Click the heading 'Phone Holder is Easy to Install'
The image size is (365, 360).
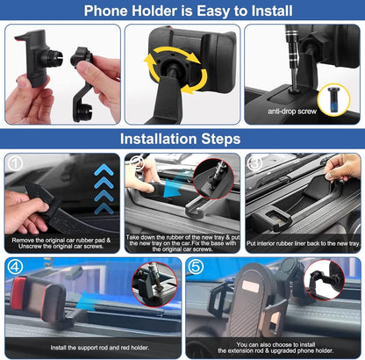click(182, 11)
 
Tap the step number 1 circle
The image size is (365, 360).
click(14, 162)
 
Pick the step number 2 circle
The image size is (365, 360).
click(135, 162)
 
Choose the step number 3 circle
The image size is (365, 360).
click(255, 162)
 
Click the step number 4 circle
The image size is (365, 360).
click(14, 267)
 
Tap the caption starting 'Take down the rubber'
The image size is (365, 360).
click(182, 241)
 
